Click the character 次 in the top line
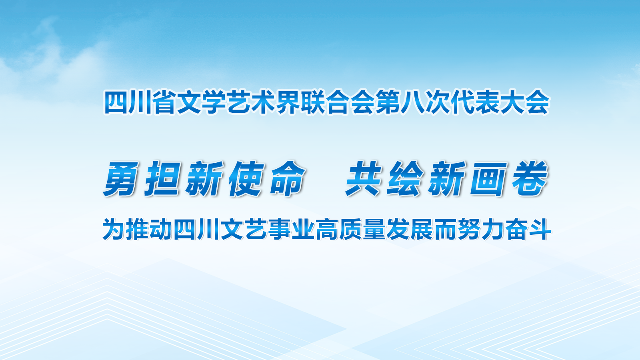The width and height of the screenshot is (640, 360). click(437, 102)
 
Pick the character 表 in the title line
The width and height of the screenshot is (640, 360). click(487, 102)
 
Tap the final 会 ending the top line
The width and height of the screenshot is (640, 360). click(537, 102)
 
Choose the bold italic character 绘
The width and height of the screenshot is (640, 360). click(406, 178)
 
